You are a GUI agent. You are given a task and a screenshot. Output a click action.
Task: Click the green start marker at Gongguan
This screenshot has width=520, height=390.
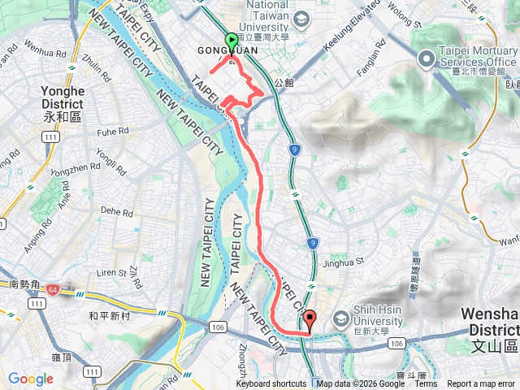click(x=231, y=41)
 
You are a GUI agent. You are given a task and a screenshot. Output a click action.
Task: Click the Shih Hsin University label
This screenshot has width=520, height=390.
click(x=378, y=315)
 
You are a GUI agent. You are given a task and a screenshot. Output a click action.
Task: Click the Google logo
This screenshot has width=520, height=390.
click(x=31, y=379)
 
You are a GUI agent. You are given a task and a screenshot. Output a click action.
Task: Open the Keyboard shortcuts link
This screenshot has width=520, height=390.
click(x=271, y=384)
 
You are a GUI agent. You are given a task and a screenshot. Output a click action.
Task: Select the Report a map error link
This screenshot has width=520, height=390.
click(x=480, y=384)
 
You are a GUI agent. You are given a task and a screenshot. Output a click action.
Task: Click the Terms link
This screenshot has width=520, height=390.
click(x=426, y=384)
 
